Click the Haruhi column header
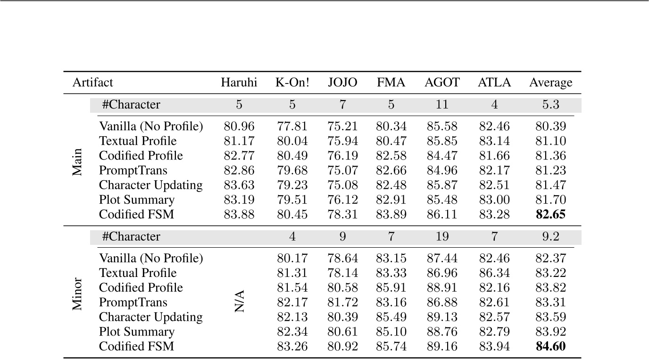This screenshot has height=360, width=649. click(239, 83)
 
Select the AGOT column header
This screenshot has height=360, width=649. click(441, 83)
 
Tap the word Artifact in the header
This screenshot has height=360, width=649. click(92, 83)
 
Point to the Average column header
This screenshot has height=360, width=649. click(550, 83)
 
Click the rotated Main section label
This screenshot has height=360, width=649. click(77, 163)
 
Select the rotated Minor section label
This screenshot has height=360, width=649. click(77, 294)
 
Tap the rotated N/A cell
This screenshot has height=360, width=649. click(240, 302)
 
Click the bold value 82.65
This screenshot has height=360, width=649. click(550, 215)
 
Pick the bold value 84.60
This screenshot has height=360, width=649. click(550, 347)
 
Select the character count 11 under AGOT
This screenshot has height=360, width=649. click(441, 105)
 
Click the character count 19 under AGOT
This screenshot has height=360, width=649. click(441, 236)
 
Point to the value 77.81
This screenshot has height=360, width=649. click(292, 126)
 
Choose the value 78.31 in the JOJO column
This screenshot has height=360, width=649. click(342, 215)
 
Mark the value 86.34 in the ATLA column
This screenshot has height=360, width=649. click(494, 273)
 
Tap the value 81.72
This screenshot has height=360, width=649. click(342, 302)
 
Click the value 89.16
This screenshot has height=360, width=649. click(441, 347)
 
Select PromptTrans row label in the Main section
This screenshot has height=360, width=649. click(133, 170)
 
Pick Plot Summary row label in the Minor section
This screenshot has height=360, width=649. click(136, 332)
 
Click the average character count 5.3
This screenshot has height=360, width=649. click(550, 105)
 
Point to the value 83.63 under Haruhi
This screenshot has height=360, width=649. click(239, 185)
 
